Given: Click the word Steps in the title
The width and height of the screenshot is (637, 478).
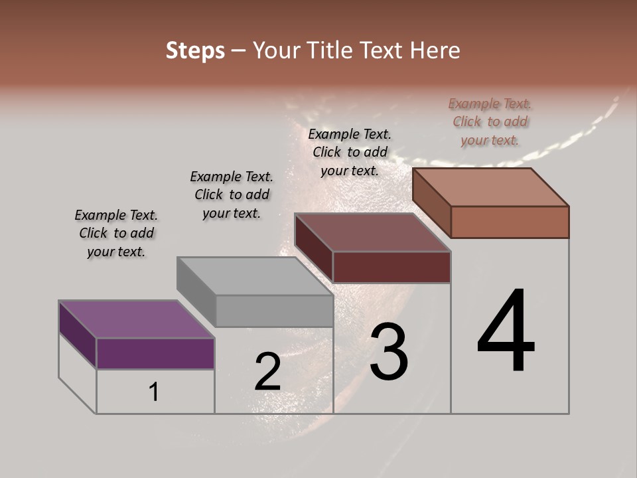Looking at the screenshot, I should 195,50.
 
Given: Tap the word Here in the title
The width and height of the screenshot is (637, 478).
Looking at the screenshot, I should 435,50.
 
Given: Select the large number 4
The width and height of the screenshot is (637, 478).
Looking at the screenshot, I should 506,332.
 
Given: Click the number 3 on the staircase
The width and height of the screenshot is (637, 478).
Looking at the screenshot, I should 389,352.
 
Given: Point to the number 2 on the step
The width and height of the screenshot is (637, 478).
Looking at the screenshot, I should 267,372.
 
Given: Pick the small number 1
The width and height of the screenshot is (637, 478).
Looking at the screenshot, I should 153,392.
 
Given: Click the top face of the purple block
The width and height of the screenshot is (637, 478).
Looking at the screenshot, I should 136,319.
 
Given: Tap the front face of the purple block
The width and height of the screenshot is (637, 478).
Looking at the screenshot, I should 155,353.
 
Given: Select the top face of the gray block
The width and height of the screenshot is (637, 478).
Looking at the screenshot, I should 255,276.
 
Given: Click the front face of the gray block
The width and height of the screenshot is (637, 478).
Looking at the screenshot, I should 274,311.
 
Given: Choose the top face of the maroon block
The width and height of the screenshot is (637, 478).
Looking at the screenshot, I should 373,232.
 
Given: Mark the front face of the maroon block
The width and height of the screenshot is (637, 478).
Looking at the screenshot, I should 391,267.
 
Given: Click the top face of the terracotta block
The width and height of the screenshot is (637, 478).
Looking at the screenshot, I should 491,187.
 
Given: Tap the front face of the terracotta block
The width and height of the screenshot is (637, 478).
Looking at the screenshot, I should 510,222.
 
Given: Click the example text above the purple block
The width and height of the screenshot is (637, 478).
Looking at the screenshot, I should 116,233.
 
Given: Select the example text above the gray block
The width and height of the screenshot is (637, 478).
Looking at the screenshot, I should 232,195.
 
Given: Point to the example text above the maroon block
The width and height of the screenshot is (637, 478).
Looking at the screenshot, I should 350,152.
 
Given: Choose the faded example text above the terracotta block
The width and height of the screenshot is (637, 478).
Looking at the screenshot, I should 490,121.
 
